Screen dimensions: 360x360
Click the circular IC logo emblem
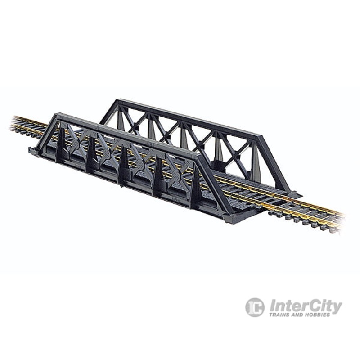point(255,307)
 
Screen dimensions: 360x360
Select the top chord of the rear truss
point(180,113)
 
